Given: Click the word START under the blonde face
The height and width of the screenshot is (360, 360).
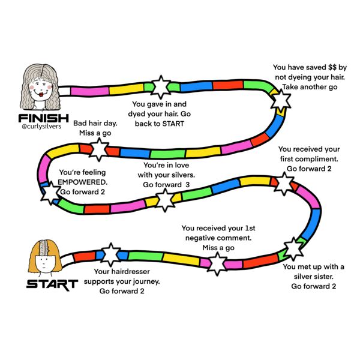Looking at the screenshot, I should (52, 283).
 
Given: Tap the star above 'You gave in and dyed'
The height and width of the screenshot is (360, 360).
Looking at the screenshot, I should (161, 87).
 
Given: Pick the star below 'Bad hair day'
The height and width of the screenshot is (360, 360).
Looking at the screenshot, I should (98, 148).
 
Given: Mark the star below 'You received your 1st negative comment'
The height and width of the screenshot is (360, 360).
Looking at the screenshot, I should (217, 262).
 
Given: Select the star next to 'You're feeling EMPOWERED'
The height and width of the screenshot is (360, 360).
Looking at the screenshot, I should (47, 193).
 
